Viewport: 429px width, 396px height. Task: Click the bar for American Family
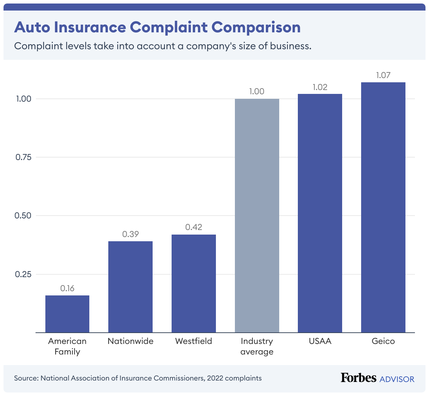pyautogui.click(x=67, y=314)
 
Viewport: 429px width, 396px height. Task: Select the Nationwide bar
pyautogui.click(x=130, y=287)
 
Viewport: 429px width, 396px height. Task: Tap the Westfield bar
pyautogui.click(x=194, y=283)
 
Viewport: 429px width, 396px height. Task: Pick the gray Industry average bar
pyautogui.click(x=257, y=215)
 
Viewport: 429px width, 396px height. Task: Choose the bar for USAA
pyautogui.click(x=320, y=213)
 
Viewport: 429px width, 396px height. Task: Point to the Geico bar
pyautogui.click(x=383, y=207)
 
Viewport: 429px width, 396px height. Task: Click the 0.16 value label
pyautogui.click(x=67, y=288)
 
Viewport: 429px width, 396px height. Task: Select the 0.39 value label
pyautogui.click(x=130, y=234)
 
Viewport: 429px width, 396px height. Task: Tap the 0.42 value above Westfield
pyautogui.click(x=194, y=227)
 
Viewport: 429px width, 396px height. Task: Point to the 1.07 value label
pyautogui.click(x=383, y=75)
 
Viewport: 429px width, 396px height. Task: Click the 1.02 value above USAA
pyautogui.click(x=320, y=87)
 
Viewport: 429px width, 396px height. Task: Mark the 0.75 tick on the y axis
pyautogui.click(x=24, y=157)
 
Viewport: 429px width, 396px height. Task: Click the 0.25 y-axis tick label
pyautogui.click(x=24, y=274)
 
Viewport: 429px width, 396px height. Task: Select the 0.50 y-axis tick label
pyautogui.click(x=24, y=216)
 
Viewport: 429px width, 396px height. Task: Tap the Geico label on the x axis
pyautogui.click(x=383, y=341)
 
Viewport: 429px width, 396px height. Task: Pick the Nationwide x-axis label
pyautogui.click(x=130, y=341)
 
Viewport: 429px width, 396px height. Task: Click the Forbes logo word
pyautogui.click(x=358, y=378)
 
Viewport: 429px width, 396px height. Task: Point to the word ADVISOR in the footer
pyautogui.click(x=397, y=379)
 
